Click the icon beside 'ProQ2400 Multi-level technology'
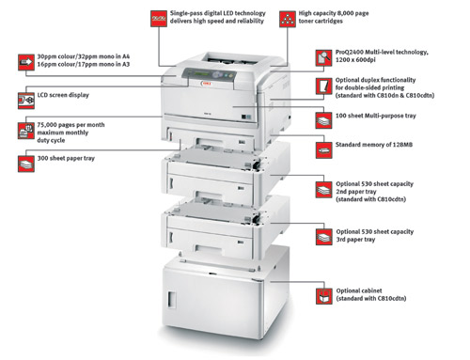coord(323,59)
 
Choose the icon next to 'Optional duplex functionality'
coord(323,87)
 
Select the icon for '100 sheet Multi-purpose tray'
coord(323,119)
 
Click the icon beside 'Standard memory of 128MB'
coord(323,147)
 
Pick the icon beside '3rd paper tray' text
coord(323,233)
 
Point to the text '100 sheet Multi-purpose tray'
coord(380,118)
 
